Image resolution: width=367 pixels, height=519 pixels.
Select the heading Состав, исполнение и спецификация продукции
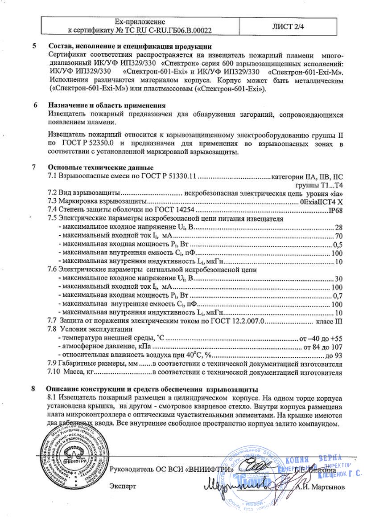[130, 47]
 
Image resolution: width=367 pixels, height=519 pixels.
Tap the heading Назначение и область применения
[107, 106]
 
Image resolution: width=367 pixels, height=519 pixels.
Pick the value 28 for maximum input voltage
[338, 227]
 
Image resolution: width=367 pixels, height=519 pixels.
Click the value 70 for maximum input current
[338, 236]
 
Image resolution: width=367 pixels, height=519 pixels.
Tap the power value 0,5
[338, 244]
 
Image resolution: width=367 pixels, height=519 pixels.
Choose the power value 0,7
[338, 295]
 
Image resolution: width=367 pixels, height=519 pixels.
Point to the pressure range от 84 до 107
[322, 347]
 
